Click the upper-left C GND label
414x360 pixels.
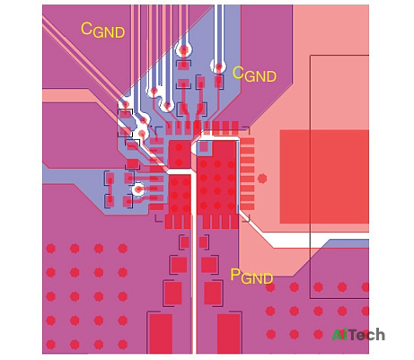pos(102,31)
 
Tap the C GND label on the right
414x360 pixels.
pos(254,74)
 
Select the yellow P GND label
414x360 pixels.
pos(251,277)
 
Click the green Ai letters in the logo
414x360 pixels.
pos(340,335)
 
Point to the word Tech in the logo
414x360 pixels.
pos(367,335)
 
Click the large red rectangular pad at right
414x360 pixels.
pos(324,177)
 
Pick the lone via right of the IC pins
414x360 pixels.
pos(262,179)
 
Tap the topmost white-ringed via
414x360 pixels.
pos(183,49)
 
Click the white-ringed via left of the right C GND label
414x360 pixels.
pos(219,66)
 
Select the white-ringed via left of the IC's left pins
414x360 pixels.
pos(138,189)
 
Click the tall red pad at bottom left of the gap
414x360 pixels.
pos(161,333)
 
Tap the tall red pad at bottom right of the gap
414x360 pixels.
pos(229,333)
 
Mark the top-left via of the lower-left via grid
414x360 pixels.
pos(50,249)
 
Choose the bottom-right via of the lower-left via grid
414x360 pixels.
pos(123,345)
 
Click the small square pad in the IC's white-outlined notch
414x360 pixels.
pos(204,146)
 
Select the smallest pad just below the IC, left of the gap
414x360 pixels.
pos(185,242)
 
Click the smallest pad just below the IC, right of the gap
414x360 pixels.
pos(203,242)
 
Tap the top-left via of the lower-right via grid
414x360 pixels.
pos(270,287)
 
